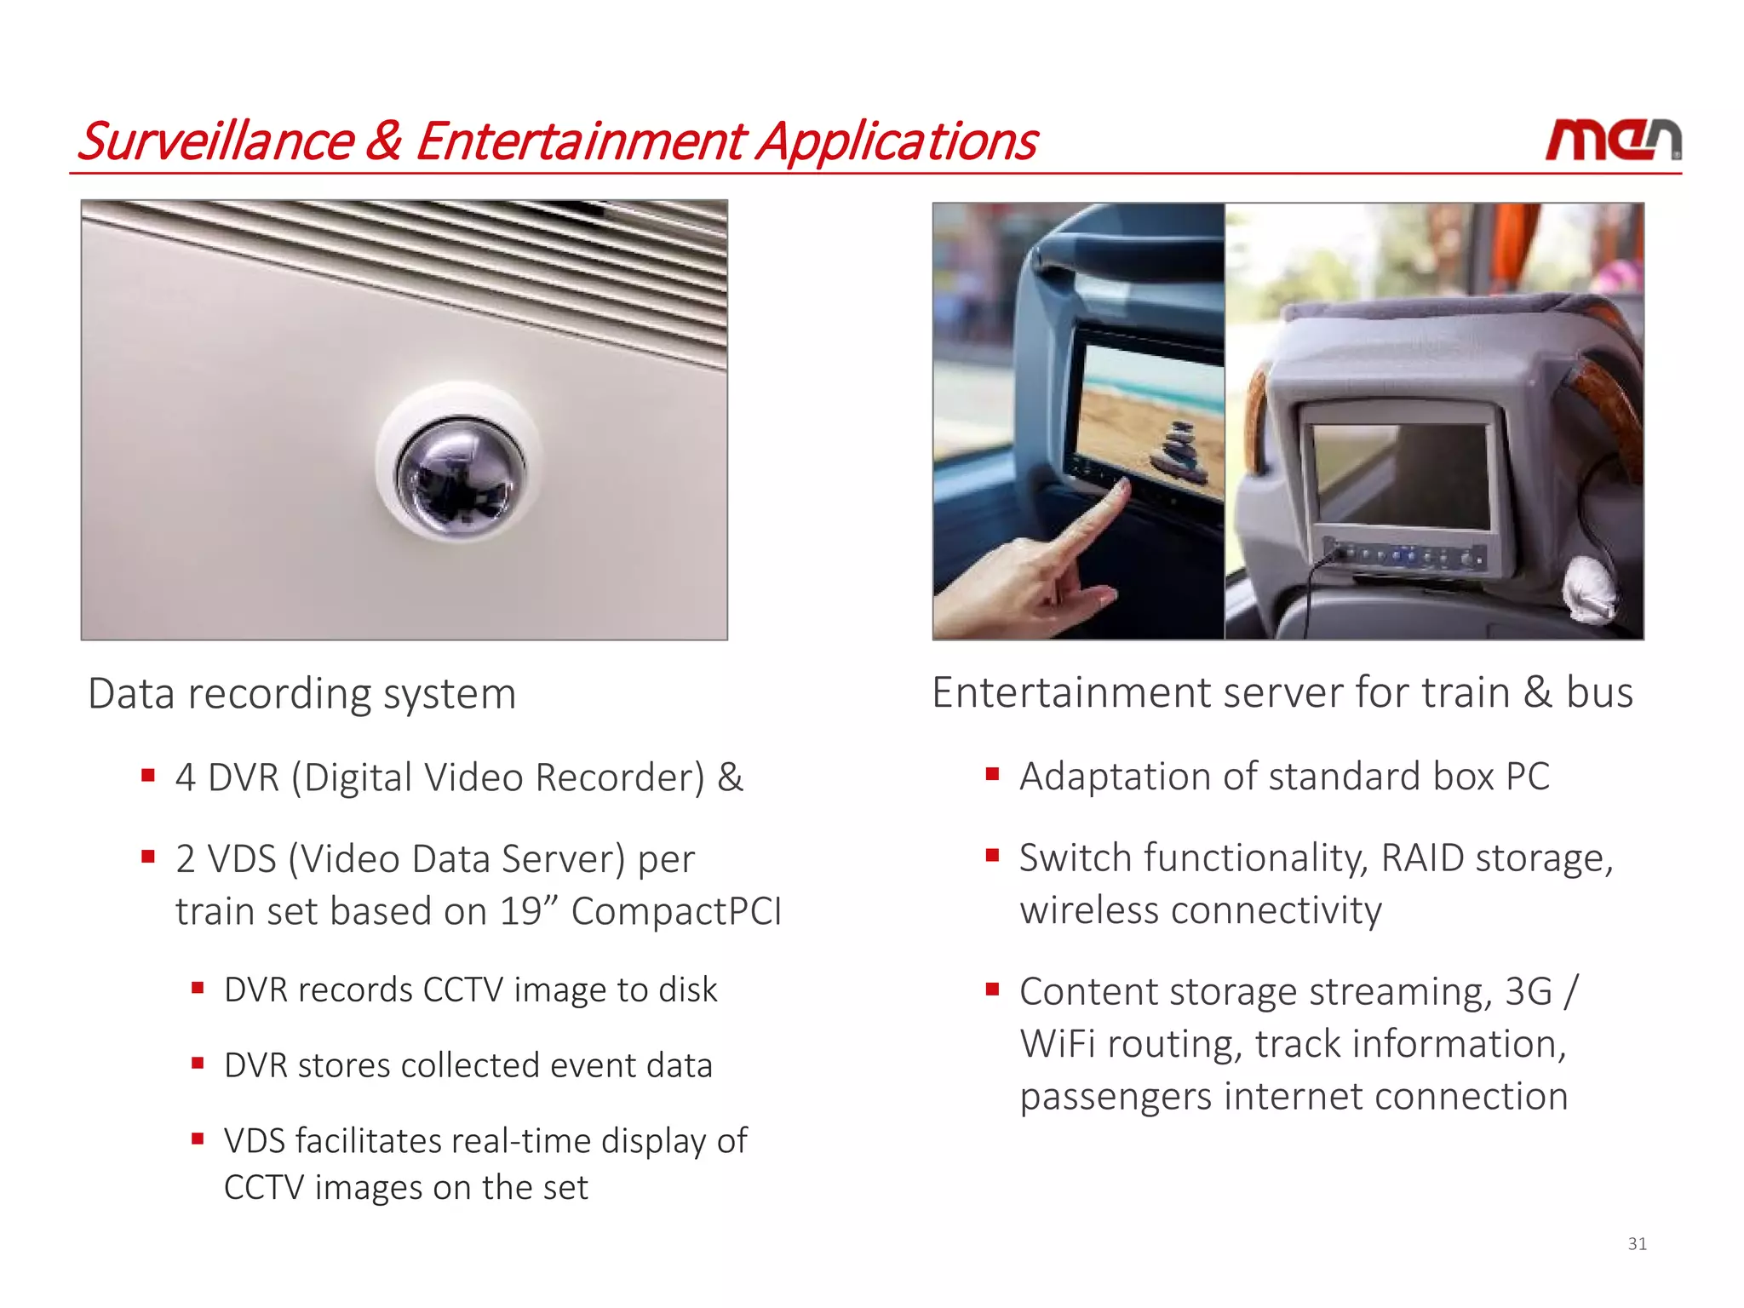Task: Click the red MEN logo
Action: [1613, 141]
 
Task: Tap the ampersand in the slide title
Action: [383, 141]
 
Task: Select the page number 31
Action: [1637, 1244]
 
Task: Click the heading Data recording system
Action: [302, 693]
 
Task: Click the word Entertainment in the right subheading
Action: [1070, 691]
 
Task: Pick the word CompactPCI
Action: [676, 911]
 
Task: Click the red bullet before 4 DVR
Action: [148, 775]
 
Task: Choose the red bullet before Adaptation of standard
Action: [991, 774]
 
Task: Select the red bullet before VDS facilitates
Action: [198, 1138]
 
